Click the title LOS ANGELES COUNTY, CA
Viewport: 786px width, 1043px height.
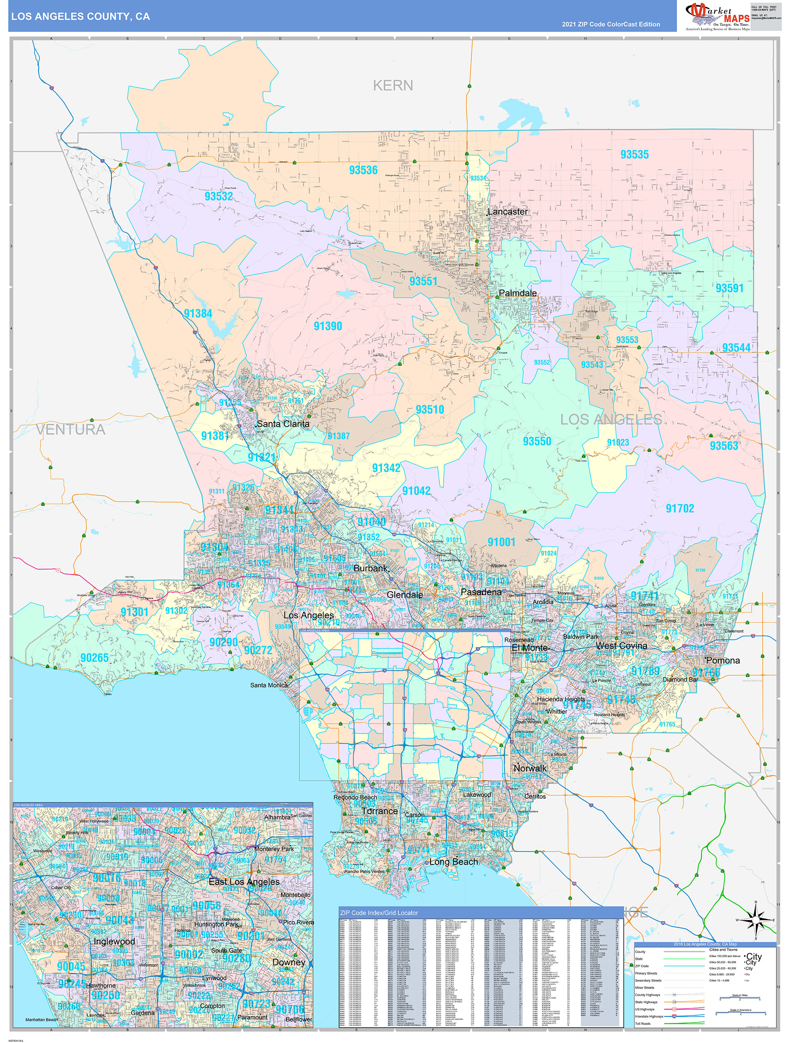pos(80,16)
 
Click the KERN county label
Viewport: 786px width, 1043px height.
pos(392,85)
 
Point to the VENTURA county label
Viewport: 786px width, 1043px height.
pos(71,429)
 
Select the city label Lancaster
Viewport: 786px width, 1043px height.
pos(507,212)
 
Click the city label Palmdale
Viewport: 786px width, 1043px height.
pos(517,293)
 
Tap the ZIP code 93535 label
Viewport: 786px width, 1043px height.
pos(634,154)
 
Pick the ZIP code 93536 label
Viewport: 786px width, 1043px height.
pos(363,170)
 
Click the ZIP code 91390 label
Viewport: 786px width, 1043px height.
pos(327,326)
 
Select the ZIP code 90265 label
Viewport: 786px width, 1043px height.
pos(94,657)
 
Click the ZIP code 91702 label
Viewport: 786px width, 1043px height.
pos(679,508)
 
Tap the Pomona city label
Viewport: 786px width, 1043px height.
pos(723,660)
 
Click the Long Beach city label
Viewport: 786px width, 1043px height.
pos(454,861)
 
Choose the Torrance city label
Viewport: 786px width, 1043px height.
pos(380,811)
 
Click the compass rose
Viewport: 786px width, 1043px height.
pos(756,919)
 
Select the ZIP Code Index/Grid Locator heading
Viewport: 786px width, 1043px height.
pos(379,913)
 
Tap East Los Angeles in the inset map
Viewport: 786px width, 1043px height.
pos(244,882)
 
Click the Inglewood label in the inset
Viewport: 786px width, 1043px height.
pos(114,941)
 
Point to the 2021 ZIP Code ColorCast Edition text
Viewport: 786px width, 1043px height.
pos(611,24)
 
